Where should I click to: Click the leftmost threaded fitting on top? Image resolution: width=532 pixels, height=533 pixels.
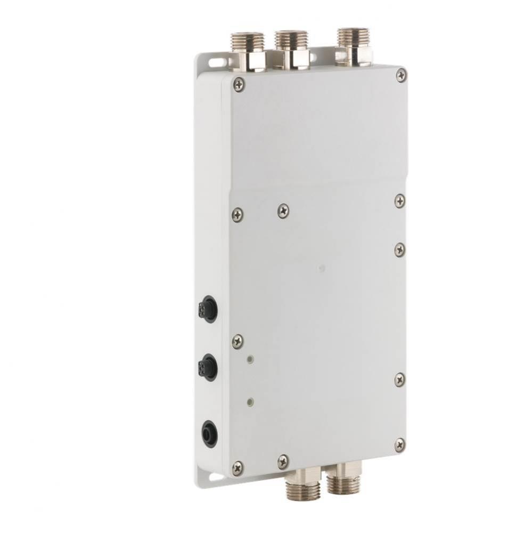click(248, 51)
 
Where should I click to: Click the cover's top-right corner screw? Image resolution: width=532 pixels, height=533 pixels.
click(402, 76)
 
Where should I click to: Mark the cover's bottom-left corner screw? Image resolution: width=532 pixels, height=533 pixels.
click(238, 467)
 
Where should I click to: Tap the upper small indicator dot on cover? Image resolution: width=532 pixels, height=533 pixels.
click(249, 360)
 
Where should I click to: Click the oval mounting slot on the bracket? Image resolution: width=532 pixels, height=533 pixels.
click(216, 62)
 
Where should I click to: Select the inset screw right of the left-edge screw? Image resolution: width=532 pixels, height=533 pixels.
click(283, 211)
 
